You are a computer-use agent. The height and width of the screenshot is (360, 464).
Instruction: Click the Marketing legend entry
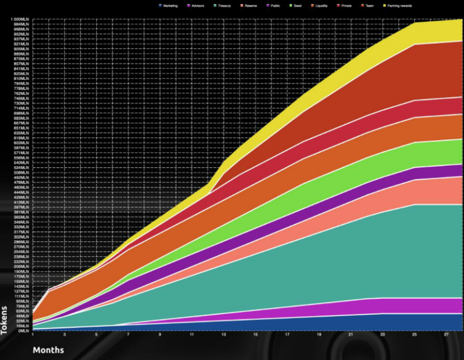[x=171, y=6]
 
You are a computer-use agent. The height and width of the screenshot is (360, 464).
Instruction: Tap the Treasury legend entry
[x=224, y=6]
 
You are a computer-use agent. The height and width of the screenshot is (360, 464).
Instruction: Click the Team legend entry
[x=368, y=6]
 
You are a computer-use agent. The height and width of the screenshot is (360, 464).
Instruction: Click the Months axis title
[x=48, y=350]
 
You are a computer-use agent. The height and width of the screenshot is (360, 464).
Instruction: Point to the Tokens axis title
[x=4, y=320]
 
